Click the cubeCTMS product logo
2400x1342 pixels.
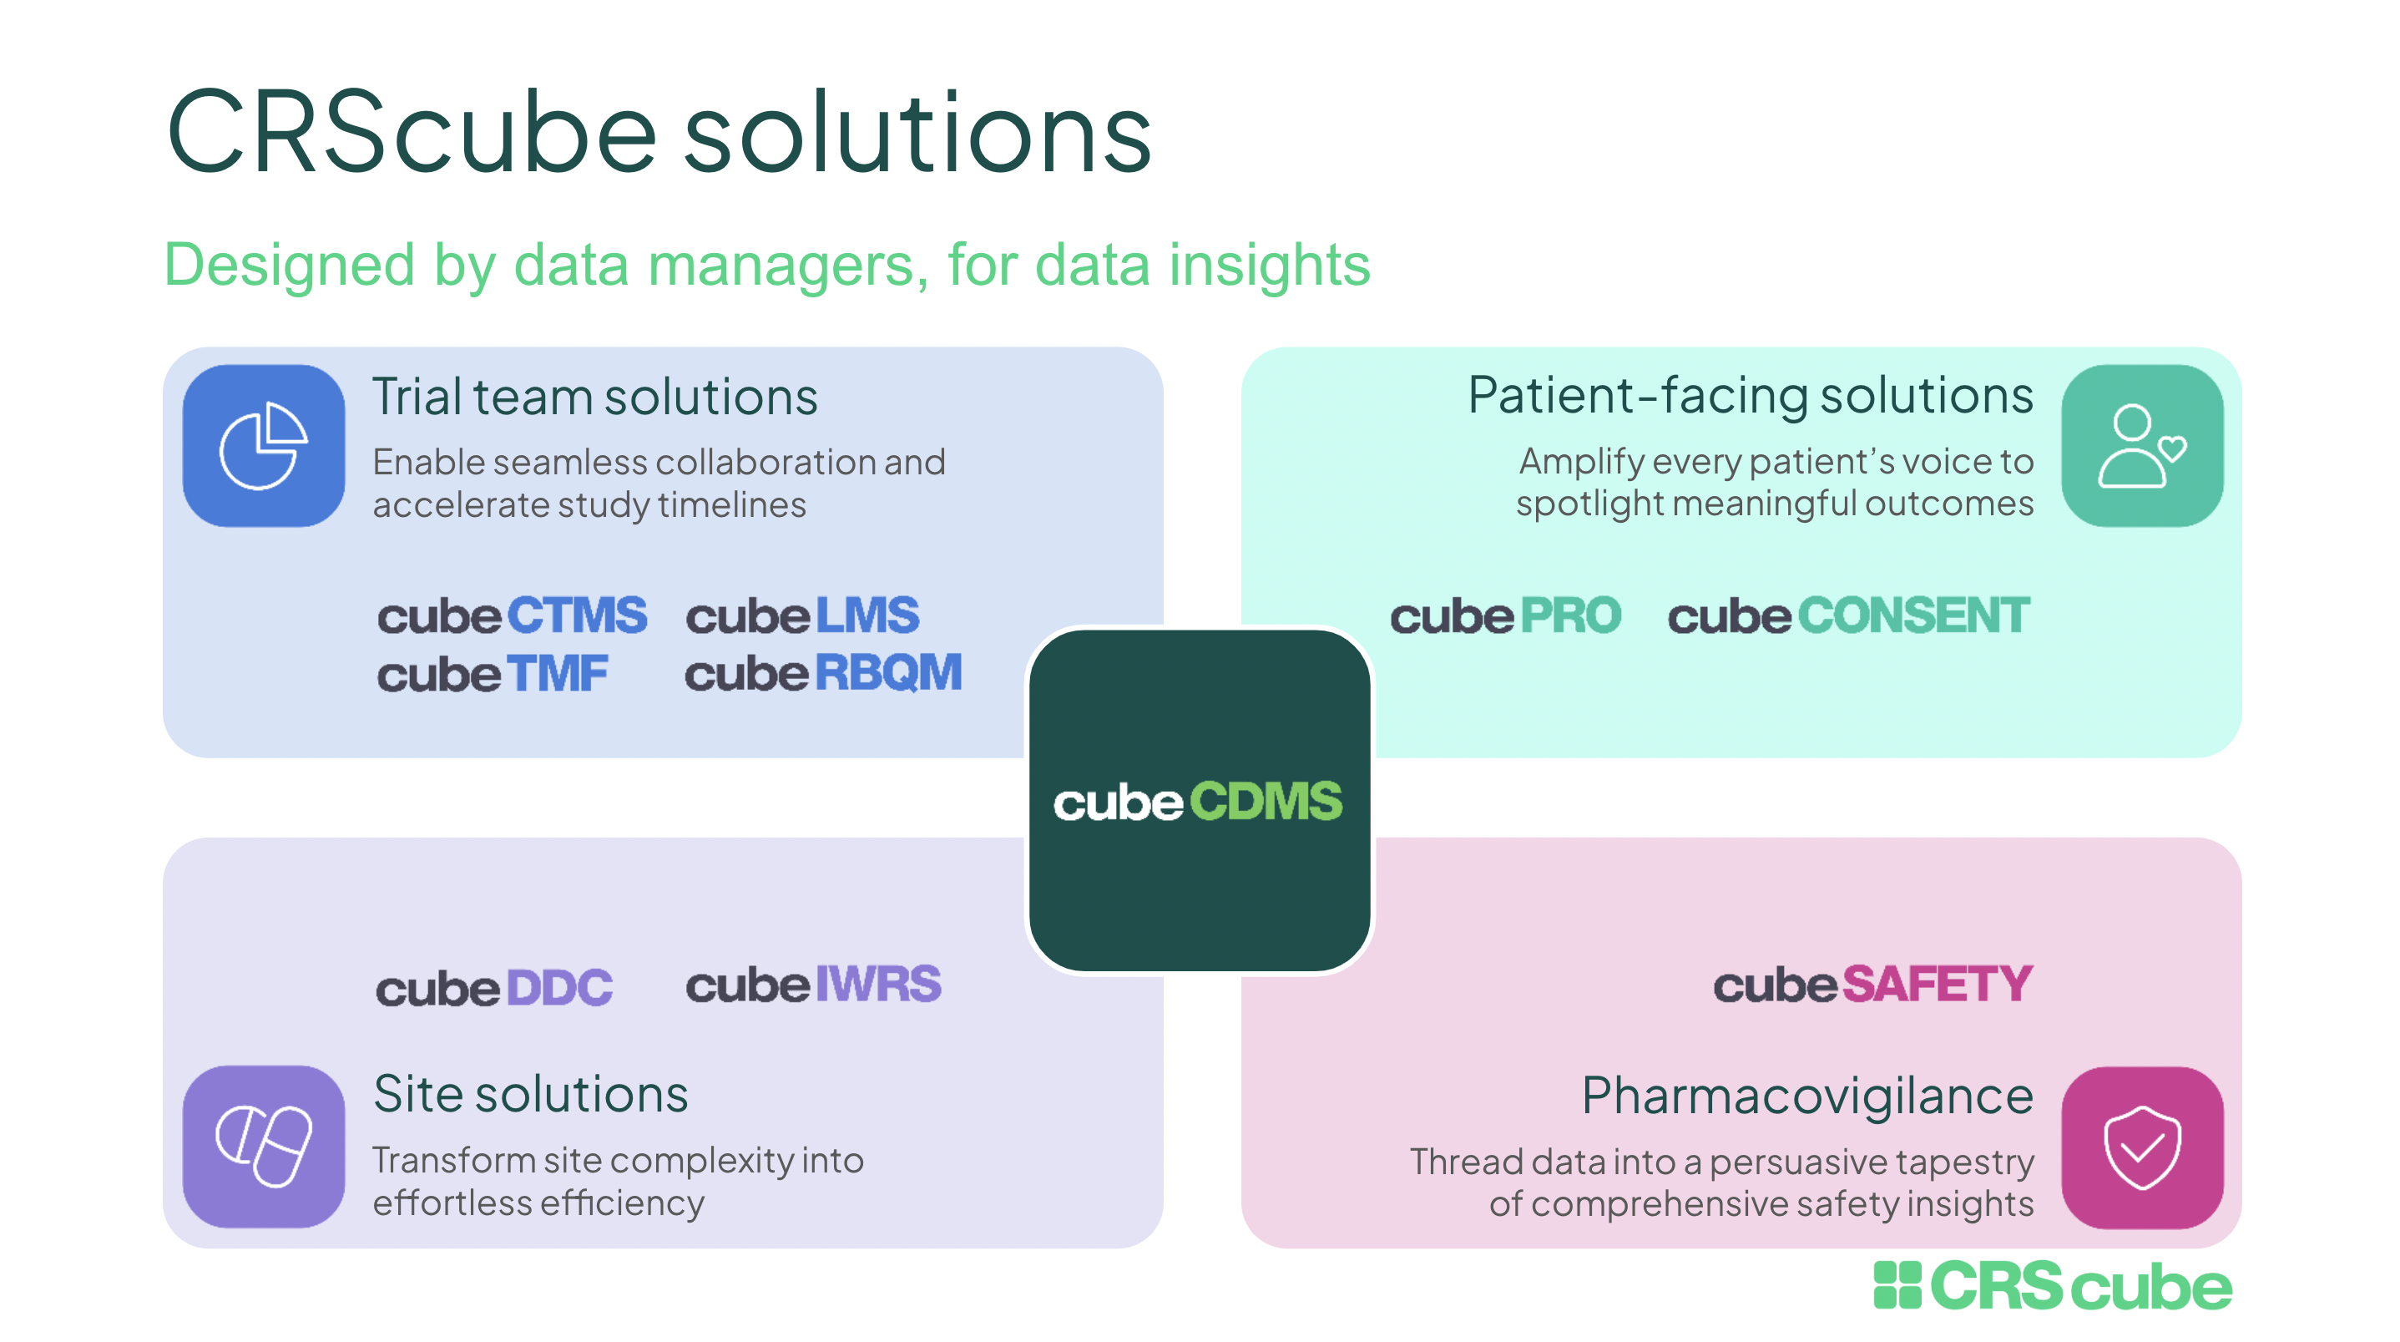512,616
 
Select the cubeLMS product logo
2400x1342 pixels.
802,616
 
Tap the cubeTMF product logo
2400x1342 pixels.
492,674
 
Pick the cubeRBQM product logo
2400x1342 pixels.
822,673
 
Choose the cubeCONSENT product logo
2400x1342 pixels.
1848,616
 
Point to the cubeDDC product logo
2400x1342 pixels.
494,988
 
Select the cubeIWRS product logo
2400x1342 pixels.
813,985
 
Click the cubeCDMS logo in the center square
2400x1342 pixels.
1198,802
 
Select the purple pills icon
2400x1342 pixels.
264,1147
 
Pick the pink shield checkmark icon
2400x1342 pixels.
2142,1147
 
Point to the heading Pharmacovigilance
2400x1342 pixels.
1806,1096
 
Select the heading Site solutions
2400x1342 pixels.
530,1094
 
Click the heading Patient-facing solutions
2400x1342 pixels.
1750,395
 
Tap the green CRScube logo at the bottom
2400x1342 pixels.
2053,1286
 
